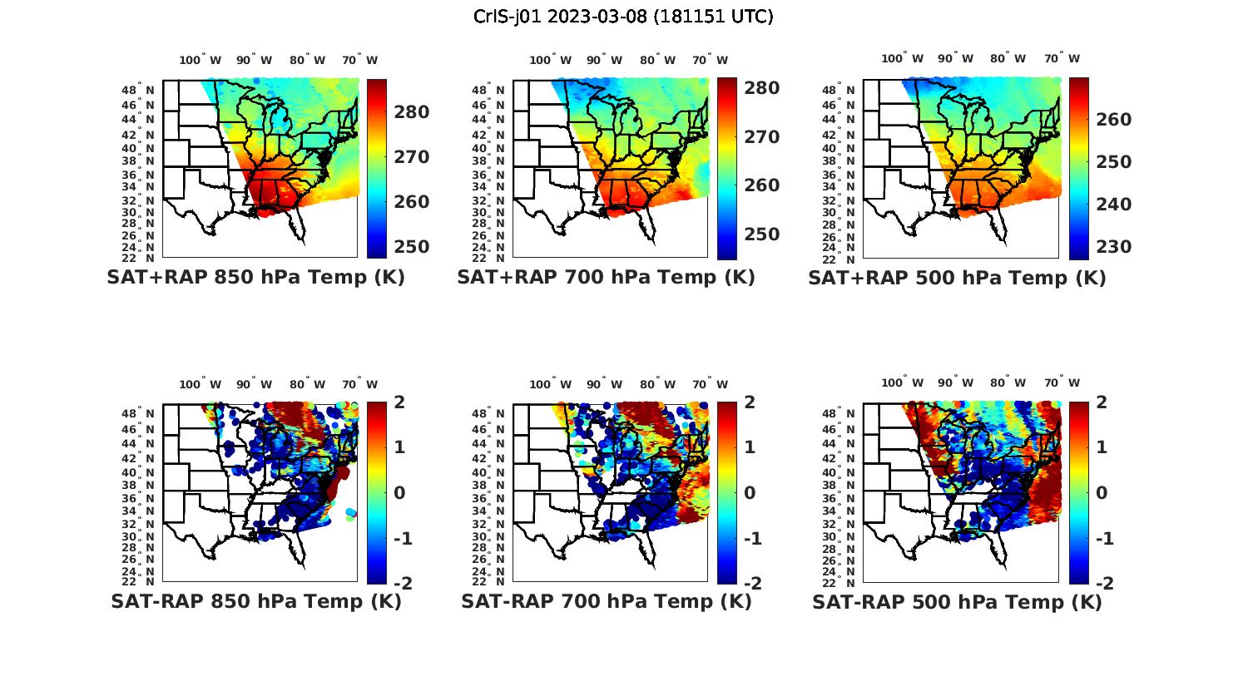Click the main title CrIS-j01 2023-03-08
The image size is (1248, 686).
[623, 17]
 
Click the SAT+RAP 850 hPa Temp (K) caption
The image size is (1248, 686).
[255, 278]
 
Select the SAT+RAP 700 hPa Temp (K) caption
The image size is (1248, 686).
[606, 278]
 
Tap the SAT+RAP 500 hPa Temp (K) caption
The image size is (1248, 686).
[957, 278]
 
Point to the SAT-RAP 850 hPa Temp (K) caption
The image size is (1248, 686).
[255, 602]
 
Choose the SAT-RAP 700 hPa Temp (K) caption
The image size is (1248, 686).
[606, 602]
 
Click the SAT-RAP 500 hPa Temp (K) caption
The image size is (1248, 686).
[957, 602]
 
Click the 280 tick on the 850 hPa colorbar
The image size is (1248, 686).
[410, 112]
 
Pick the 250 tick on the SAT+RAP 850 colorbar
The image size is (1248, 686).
[410, 247]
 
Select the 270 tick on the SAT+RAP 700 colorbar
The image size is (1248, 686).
[760, 137]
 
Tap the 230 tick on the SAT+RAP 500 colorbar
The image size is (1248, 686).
[1112, 247]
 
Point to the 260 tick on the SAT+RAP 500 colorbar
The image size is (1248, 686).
[1112, 120]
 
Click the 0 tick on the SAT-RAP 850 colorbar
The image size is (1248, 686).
[399, 493]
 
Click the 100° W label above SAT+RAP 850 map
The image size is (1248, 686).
[200, 60]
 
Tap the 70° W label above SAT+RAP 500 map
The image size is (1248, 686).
[1062, 59]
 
